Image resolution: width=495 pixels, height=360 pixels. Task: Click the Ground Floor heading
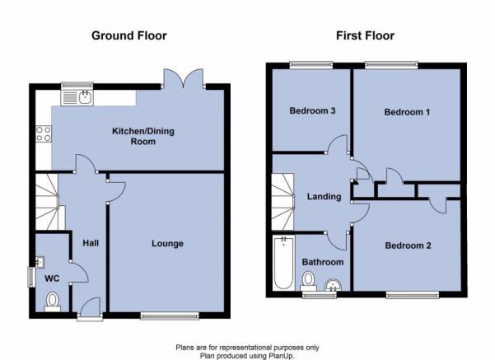click(129, 35)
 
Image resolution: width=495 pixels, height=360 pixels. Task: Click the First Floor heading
click(365, 35)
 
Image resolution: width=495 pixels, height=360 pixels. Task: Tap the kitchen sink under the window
click(77, 97)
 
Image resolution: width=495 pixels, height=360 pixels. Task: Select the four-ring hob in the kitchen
click(44, 134)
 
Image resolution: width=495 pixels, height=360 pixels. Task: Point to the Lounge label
click(168, 244)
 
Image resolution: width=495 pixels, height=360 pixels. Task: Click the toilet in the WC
click(53, 302)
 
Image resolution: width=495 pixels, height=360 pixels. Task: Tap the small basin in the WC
click(40, 262)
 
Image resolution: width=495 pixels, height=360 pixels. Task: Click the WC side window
click(31, 278)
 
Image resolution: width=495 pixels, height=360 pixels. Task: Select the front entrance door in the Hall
click(91, 308)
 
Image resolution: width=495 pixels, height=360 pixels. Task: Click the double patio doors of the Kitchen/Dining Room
click(183, 79)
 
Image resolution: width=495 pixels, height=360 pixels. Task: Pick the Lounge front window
click(170, 316)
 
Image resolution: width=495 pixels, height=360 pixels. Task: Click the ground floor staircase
click(47, 202)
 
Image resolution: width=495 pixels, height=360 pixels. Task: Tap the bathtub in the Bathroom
click(283, 263)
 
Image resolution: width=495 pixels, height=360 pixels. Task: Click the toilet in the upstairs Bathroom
click(308, 281)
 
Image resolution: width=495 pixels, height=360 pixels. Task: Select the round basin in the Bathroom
click(333, 285)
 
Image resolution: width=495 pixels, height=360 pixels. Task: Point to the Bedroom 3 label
click(312, 111)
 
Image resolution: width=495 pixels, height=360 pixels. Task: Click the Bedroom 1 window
click(391, 65)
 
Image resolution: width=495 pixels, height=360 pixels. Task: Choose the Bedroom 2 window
click(413, 295)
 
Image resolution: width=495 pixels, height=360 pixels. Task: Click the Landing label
click(325, 197)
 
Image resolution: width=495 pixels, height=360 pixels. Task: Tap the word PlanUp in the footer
click(281, 356)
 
